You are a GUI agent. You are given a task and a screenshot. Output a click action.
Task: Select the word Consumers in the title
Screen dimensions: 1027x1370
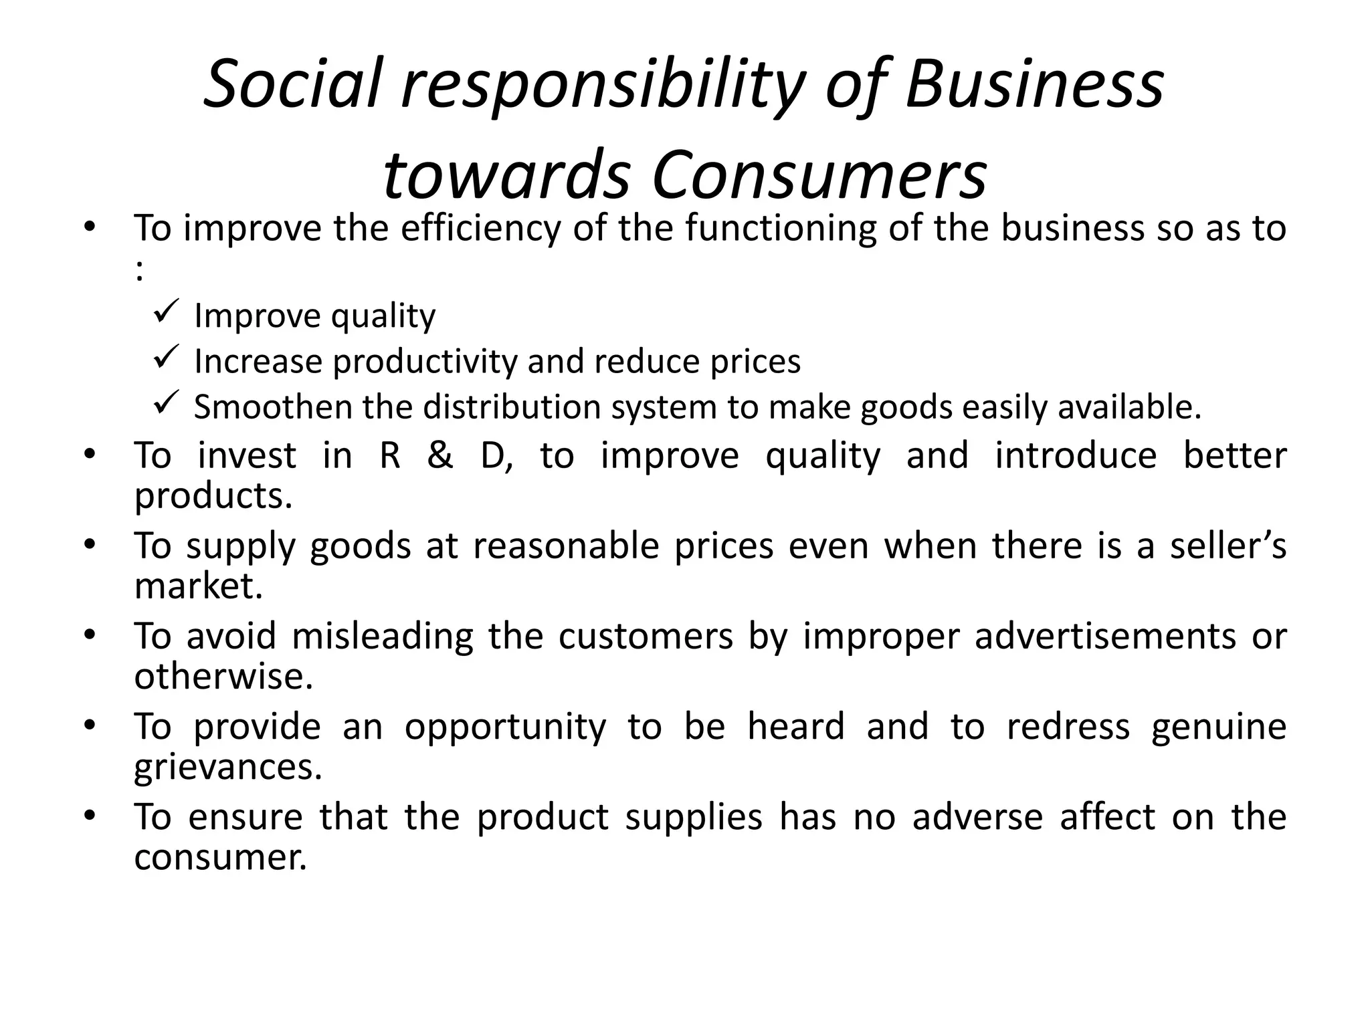(x=819, y=176)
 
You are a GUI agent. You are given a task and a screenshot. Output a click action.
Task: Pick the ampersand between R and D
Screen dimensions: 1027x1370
(x=439, y=456)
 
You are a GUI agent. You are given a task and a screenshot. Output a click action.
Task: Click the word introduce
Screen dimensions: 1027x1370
(x=1076, y=456)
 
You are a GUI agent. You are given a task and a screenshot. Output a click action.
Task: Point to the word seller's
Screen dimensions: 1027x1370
(x=1228, y=546)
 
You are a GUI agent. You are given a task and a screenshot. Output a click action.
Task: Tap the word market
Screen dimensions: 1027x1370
(x=199, y=586)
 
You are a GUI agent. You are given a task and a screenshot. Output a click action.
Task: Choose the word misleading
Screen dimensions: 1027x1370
(x=383, y=636)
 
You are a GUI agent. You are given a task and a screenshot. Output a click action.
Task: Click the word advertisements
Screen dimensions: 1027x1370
(x=1105, y=636)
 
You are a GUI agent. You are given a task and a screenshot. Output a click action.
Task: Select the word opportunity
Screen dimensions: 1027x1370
(x=505, y=727)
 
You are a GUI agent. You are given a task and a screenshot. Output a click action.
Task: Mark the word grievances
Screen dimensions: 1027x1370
(x=228, y=768)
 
